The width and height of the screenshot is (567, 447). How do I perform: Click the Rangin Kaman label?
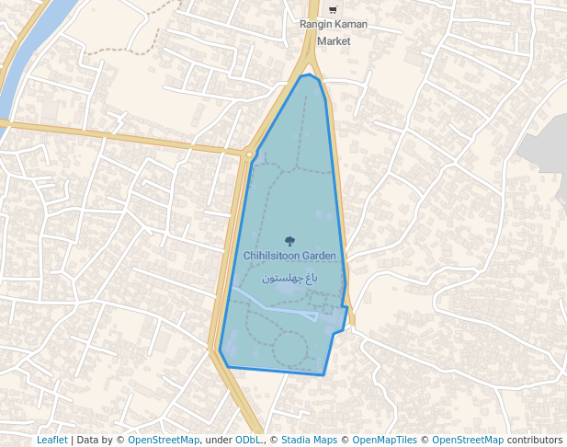click(x=333, y=24)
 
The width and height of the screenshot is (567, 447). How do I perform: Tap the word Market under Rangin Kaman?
click(x=333, y=41)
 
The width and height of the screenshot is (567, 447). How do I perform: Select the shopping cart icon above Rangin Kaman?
click(x=333, y=9)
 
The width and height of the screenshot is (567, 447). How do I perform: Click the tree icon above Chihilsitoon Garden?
click(x=290, y=241)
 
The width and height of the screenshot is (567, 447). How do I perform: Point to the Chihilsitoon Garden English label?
click(x=290, y=256)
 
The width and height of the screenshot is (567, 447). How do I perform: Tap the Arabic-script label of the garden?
click(x=290, y=277)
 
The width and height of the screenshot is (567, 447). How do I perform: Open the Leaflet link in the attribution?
click(x=52, y=440)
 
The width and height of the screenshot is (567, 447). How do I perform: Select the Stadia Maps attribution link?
click(x=309, y=440)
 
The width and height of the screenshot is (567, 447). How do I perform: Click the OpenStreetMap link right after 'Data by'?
click(x=164, y=440)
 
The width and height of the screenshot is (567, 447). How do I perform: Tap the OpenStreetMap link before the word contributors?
click(x=468, y=440)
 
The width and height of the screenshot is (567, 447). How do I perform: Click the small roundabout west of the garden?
click(x=249, y=155)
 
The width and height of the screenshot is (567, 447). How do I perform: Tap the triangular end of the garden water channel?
click(x=314, y=317)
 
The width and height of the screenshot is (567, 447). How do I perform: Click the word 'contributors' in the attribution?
click(x=535, y=440)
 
